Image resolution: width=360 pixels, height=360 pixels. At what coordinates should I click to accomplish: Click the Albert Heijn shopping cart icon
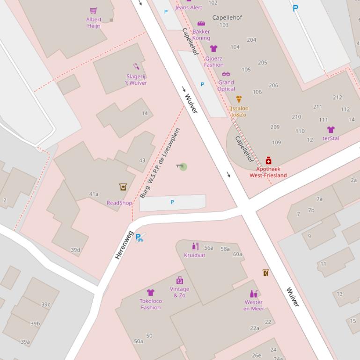(x=94, y=10)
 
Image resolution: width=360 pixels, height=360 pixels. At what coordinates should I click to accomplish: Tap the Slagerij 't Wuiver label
(x=136, y=80)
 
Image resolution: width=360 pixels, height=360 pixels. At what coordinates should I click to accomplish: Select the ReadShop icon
(x=123, y=187)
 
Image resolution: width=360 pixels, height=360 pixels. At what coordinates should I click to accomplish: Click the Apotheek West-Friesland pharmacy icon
(x=268, y=160)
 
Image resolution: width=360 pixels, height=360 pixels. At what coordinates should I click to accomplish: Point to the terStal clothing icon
(x=331, y=130)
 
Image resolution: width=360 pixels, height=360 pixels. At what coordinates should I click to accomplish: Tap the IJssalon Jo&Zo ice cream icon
(x=239, y=99)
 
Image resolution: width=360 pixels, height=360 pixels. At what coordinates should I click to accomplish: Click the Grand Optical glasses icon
(x=226, y=74)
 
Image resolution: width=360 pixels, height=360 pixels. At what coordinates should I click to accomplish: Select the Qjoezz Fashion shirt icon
(x=213, y=49)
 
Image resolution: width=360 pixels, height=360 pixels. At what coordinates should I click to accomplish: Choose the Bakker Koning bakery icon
(x=201, y=23)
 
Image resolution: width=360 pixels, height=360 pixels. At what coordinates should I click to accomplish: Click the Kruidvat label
(x=195, y=256)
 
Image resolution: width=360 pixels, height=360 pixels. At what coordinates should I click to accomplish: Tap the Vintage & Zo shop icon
(x=179, y=281)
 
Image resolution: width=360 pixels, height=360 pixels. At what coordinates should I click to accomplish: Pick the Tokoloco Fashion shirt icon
(x=151, y=293)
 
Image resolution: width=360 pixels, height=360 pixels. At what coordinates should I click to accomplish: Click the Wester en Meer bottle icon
(x=253, y=294)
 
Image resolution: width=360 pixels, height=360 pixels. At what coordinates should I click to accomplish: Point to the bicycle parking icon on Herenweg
(x=140, y=238)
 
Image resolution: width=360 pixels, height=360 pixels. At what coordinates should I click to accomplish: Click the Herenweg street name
(x=124, y=245)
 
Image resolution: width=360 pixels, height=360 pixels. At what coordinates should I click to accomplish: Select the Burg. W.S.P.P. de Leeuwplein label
(x=160, y=163)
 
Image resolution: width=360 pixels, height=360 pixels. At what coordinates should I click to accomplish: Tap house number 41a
(x=94, y=194)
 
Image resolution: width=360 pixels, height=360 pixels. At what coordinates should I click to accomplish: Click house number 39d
(x=75, y=250)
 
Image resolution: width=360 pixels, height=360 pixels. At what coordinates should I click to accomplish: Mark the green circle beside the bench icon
(x=184, y=167)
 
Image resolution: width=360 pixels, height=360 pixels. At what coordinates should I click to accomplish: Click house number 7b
(x=311, y=210)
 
